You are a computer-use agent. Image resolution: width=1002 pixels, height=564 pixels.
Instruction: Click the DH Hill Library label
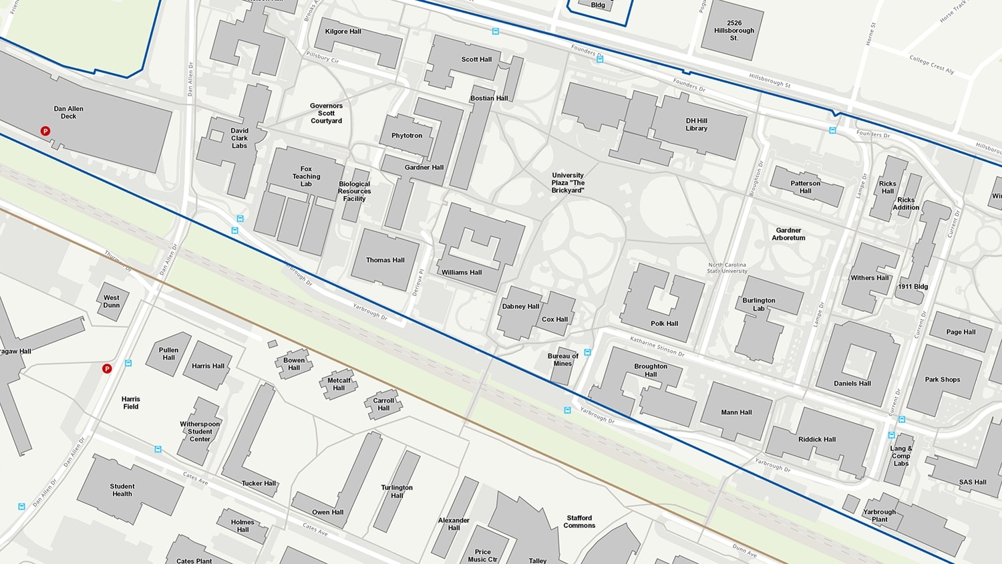pyautogui.click(x=696, y=124)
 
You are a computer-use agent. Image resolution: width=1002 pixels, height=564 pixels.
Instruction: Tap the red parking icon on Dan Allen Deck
pyautogui.click(x=45, y=131)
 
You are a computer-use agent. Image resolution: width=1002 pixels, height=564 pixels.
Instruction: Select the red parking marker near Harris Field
pyautogui.click(x=107, y=369)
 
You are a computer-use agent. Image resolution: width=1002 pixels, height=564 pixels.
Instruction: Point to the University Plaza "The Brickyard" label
pyautogui.click(x=568, y=182)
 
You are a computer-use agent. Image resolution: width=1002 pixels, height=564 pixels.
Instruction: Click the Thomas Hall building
pyautogui.click(x=385, y=260)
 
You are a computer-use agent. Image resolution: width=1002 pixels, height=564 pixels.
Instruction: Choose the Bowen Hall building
pyautogui.click(x=294, y=364)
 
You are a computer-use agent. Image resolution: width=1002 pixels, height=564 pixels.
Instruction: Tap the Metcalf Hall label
pyautogui.click(x=339, y=384)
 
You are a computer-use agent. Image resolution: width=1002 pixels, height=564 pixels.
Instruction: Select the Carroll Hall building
pyautogui.click(x=383, y=404)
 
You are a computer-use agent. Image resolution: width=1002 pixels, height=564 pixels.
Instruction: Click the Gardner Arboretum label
pyautogui.click(x=788, y=234)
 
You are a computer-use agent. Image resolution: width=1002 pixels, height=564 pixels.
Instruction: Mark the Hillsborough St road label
pyautogui.click(x=769, y=80)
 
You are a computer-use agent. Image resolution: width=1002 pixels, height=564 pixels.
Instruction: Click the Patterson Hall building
pyautogui.click(x=806, y=187)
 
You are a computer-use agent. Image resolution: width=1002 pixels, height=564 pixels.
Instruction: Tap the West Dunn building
pyautogui.click(x=112, y=301)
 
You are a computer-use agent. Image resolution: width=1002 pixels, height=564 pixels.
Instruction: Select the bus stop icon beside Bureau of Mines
pyautogui.click(x=588, y=352)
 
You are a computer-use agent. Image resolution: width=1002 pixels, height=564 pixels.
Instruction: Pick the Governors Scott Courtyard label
pyautogui.click(x=326, y=113)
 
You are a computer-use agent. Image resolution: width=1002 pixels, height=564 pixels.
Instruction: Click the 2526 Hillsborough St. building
pyautogui.click(x=733, y=31)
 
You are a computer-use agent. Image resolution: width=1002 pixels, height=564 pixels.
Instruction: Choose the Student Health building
pyautogui.click(x=122, y=490)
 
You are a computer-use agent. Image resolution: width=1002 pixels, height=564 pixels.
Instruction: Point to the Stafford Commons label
pyautogui.click(x=579, y=521)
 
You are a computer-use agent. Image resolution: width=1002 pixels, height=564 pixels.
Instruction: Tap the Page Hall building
pyautogui.click(x=961, y=332)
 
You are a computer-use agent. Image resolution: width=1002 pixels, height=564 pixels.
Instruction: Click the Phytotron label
pyautogui.click(x=407, y=136)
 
